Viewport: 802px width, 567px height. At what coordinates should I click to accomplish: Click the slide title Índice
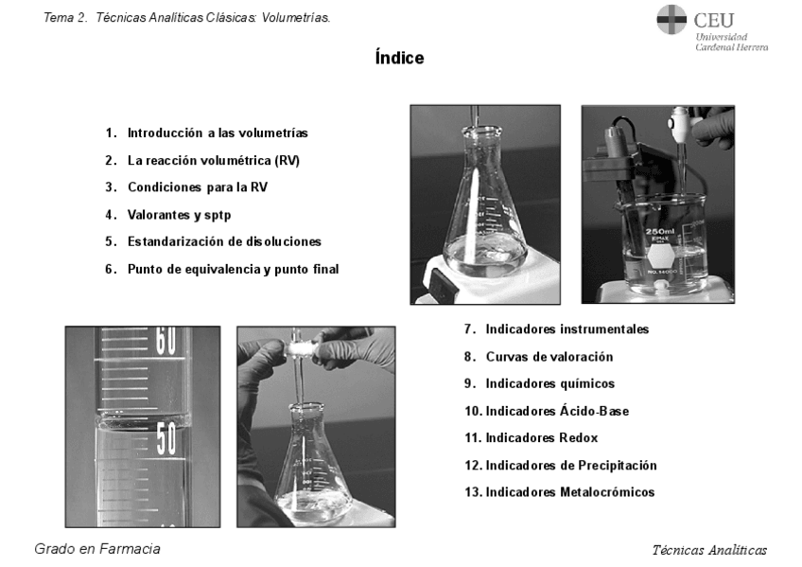pos(399,59)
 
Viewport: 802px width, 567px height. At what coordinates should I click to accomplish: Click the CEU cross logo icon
pos(671,19)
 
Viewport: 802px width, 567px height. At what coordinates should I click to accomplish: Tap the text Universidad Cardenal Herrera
pos(731,42)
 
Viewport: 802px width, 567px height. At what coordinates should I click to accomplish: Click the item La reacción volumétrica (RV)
pos(214,160)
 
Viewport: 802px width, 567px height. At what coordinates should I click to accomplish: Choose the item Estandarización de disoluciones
pos(224,241)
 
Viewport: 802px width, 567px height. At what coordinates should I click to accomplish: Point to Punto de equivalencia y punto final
pos(233,269)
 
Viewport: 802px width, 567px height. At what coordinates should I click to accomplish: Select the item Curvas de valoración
pos(549,357)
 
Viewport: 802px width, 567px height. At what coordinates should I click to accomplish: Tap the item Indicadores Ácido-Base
pos(557,411)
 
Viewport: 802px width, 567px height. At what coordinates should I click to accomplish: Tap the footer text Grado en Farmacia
pos(97,549)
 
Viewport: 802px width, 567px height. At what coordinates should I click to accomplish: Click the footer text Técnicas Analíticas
pos(709,550)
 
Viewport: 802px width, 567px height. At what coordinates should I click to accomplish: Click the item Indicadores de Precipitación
pos(571,465)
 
